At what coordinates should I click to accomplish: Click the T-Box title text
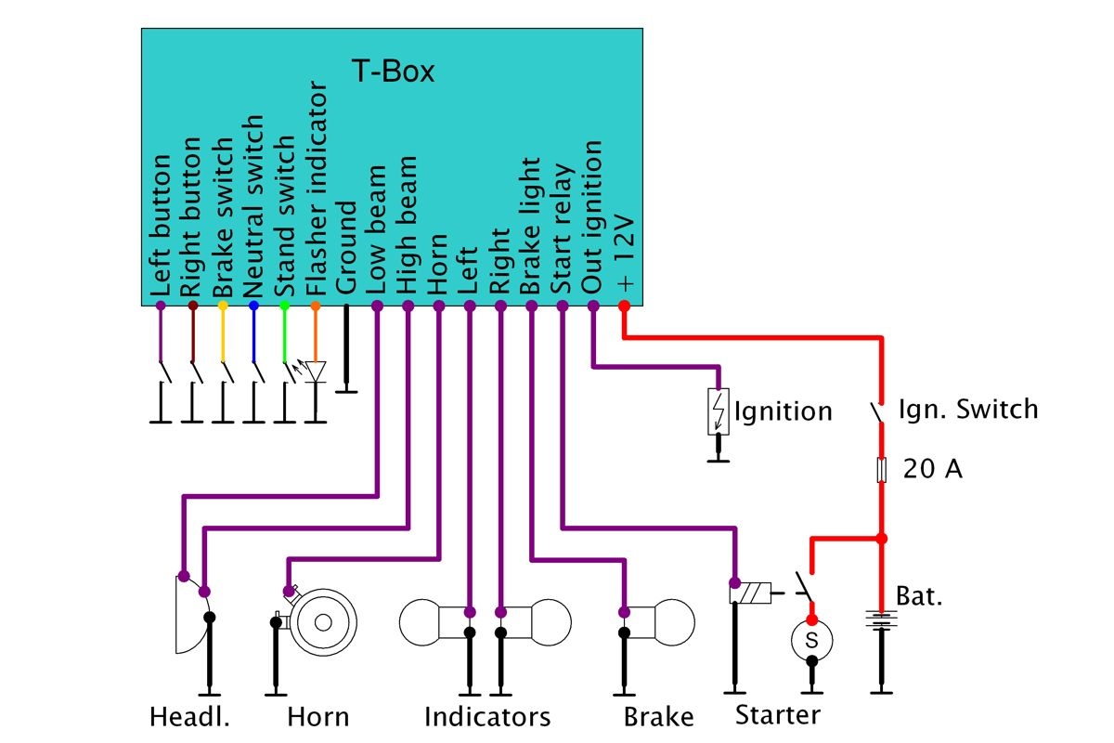coord(393,72)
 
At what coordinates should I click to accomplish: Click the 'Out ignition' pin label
coord(592,218)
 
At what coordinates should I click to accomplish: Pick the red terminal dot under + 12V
coord(624,306)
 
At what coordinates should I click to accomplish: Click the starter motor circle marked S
coord(811,639)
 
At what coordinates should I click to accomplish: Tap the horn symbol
coord(322,620)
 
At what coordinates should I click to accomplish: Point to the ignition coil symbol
coord(719,411)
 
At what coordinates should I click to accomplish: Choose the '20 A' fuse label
coord(933,470)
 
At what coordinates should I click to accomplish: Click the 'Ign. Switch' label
coord(968,409)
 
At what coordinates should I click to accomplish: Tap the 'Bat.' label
coord(919,595)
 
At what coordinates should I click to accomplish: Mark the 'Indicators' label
coord(487,717)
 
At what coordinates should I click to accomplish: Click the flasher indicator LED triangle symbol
coord(316,372)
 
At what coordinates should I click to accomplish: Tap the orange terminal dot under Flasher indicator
coord(316,306)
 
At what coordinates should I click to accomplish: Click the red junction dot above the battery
coord(881,538)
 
